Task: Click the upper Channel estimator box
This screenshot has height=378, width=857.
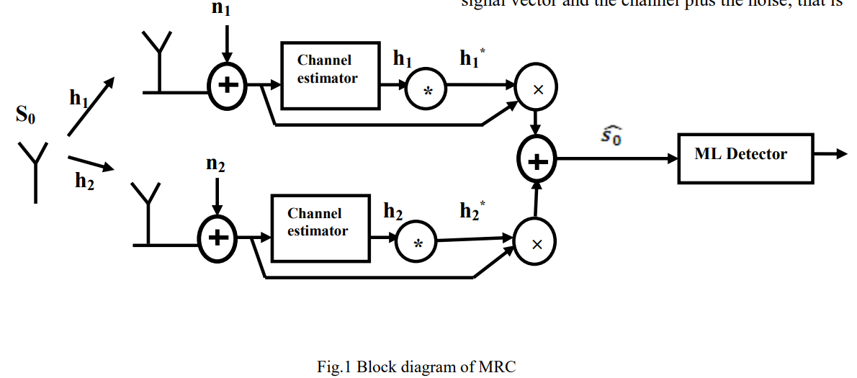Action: point(330,75)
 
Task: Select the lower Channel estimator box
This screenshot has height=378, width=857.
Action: point(320,228)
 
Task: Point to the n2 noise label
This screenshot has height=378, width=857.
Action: point(215,165)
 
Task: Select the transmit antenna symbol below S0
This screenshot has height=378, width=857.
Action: point(34,169)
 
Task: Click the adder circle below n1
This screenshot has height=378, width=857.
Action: point(227,86)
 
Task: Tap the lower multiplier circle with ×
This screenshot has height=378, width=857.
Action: point(536,243)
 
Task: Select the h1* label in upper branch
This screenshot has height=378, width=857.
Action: point(472,59)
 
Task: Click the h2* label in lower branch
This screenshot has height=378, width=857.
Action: point(472,211)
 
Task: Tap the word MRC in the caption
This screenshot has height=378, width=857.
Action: point(498,366)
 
